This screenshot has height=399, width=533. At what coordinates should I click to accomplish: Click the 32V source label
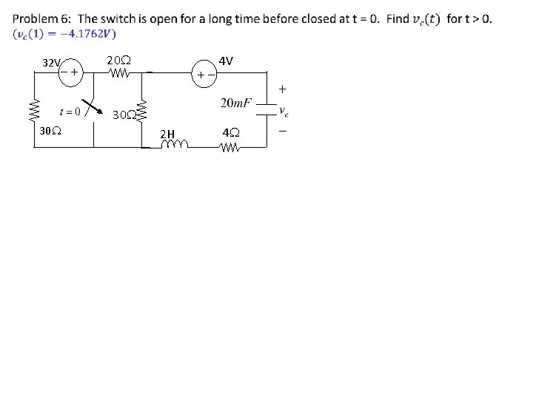51,63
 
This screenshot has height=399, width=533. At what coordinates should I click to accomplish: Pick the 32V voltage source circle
70,73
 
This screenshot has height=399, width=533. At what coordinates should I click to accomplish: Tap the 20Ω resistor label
118,60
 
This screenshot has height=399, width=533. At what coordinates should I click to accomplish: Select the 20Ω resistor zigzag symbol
118,73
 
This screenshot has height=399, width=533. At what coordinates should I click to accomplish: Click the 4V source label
227,60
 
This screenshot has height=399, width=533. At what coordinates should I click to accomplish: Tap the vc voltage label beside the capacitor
283,112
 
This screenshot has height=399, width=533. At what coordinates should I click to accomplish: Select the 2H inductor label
168,134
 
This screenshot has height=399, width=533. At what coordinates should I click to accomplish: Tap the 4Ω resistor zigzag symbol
230,147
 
